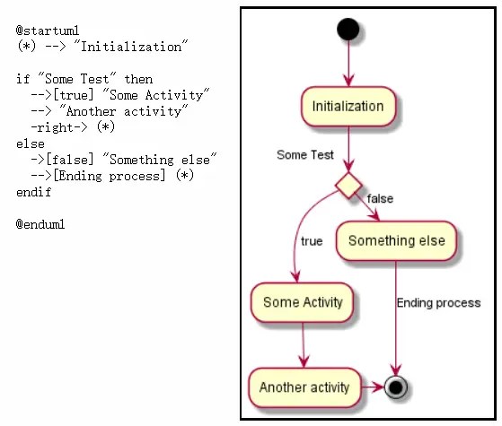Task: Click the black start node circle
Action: pyautogui.click(x=348, y=29)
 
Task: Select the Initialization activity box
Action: pyautogui.click(x=348, y=107)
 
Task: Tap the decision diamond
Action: pyautogui.click(x=348, y=185)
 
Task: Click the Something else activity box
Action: pyautogui.click(x=396, y=241)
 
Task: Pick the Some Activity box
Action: pyautogui.click(x=303, y=302)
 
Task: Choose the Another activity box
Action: pyautogui.click(x=304, y=387)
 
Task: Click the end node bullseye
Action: pyautogui.click(x=396, y=387)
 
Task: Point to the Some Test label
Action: pyautogui.click(x=305, y=155)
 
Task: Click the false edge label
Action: pyautogui.click(x=380, y=198)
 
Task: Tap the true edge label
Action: pyautogui.click(x=312, y=241)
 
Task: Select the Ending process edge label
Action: pyautogui.click(x=438, y=303)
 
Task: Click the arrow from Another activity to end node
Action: pyautogui.click(x=373, y=387)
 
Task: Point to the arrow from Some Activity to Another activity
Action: pyautogui.click(x=304, y=345)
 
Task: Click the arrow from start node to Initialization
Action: pyautogui.click(x=348, y=64)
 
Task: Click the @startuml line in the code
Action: pyautogui.click(x=48, y=30)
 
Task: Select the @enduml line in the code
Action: pyautogui.click(x=40, y=224)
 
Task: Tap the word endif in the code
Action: pyautogui.click(x=33, y=192)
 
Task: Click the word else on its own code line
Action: pyautogui.click(x=31, y=143)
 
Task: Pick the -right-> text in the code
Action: pyautogui.click(x=59, y=127)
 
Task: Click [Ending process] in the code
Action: pyautogui.click(x=110, y=176)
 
